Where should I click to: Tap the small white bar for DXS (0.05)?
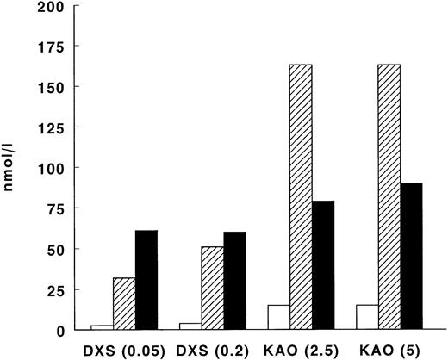tap(103, 326)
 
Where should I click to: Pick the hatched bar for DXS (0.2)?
tap(212, 289)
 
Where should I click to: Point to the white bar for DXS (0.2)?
tap(190, 326)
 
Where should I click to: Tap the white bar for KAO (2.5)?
tap(278, 317)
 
